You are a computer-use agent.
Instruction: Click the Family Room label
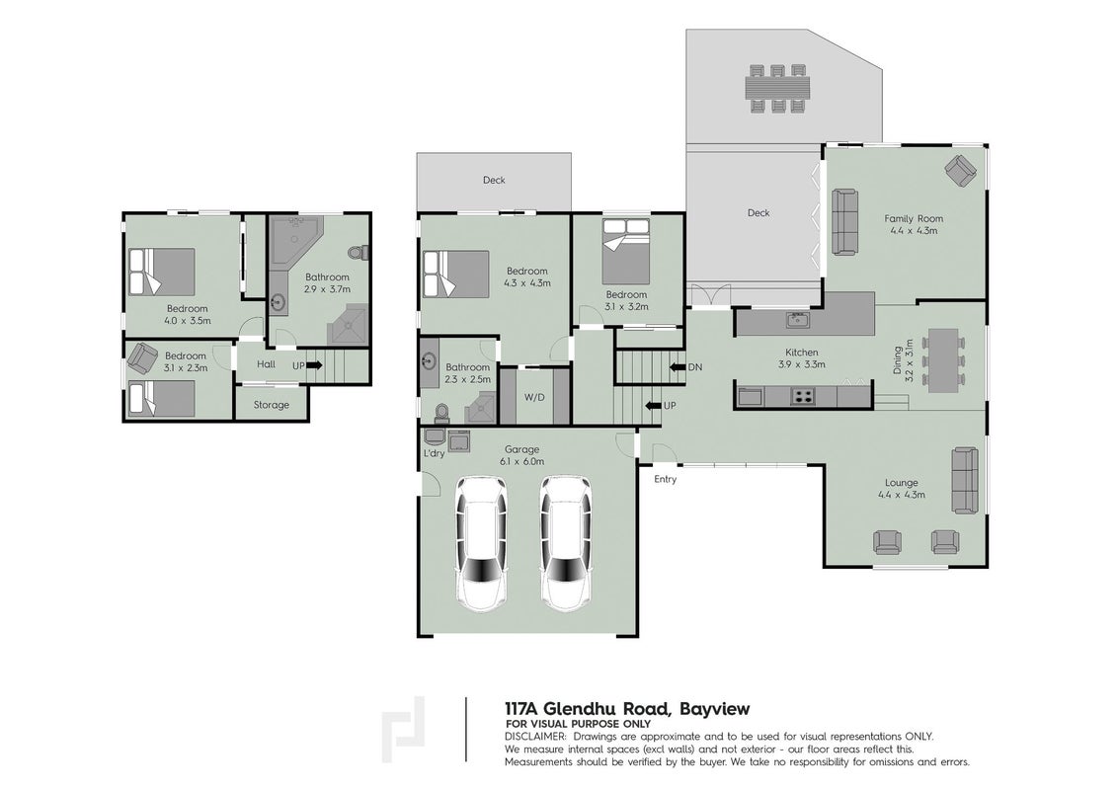pyautogui.click(x=914, y=219)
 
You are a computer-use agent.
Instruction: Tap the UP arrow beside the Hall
pyautogui.click(x=314, y=365)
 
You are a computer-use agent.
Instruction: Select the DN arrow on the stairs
pyautogui.click(x=678, y=367)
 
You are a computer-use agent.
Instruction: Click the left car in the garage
pyautogui.click(x=482, y=543)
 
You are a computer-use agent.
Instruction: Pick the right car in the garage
pyautogui.click(x=565, y=543)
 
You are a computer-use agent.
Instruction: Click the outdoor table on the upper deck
pyautogui.click(x=778, y=89)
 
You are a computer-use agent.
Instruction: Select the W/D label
pyautogui.click(x=534, y=397)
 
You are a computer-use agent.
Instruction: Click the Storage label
pyautogui.click(x=272, y=404)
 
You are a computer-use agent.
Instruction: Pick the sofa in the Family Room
pyautogui.click(x=845, y=222)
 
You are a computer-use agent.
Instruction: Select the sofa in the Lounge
pyautogui.click(x=967, y=480)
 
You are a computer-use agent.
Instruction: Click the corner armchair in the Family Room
pyautogui.click(x=960, y=171)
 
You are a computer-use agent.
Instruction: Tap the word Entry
pyautogui.click(x=666, y=479)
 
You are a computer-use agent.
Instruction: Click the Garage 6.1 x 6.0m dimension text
pyautogui.click(x=521, y=461)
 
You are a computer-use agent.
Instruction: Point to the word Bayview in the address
pyautogui.click(x=714, y=709)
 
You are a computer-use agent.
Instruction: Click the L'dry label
pyautogui.click(x=435, y=453)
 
